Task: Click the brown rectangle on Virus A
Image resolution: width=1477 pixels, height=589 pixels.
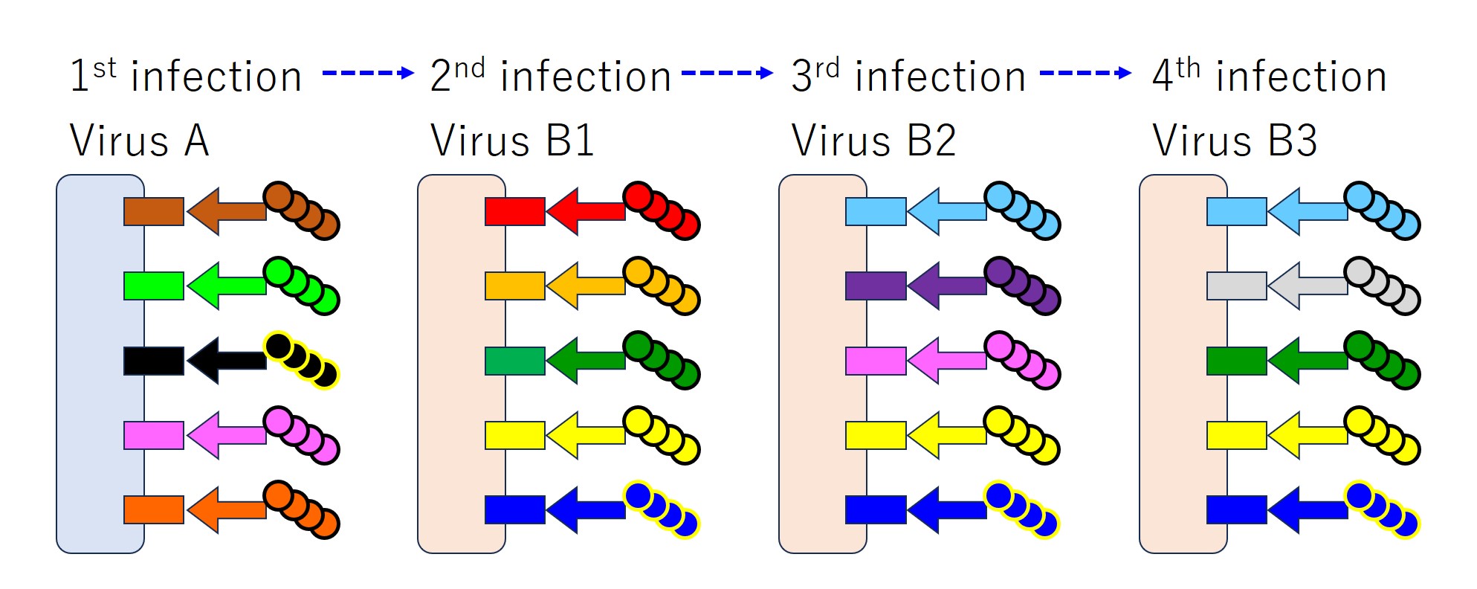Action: point(154,211)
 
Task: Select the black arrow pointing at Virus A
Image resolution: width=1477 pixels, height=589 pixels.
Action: point(226,361)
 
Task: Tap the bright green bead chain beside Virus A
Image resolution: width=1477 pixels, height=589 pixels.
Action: point(302,286)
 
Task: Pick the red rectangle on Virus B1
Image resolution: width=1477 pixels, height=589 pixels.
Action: point(514,211)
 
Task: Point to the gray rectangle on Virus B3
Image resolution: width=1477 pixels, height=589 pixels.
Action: point(1236,286)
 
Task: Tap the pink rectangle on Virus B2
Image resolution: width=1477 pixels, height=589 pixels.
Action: point(876,361)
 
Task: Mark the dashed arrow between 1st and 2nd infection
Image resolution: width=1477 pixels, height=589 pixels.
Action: point(367,73)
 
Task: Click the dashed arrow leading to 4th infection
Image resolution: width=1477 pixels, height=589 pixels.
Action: point(1085,73)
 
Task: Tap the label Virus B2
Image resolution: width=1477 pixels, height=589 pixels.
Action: point(873,140)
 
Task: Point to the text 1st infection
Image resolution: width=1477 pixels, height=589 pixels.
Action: point(186,76)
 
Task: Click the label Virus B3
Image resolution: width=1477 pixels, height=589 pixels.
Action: point(1235,140)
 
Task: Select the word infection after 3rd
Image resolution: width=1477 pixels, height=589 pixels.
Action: point(940,77)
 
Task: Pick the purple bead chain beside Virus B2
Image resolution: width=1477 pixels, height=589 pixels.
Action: point(1023,286)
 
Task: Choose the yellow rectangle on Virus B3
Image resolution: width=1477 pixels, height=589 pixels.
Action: point(1236,435)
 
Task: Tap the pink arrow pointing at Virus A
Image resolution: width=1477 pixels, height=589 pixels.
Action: point(226,435)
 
